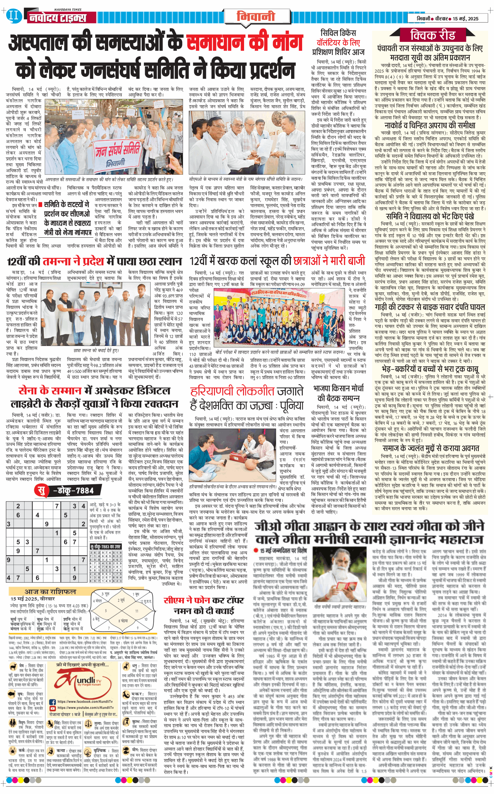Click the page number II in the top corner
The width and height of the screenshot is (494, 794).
(x=14, y=16)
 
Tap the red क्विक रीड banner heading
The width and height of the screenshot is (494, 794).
(x=432, y=35)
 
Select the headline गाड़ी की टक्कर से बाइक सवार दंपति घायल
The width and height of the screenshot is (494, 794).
(x=430, y=307)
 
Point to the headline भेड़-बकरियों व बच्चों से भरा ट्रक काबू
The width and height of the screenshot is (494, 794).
(x=430, y=369)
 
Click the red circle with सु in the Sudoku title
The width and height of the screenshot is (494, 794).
(x=41, y=490)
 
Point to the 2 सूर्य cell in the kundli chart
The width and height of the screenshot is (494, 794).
(x=121, y=600)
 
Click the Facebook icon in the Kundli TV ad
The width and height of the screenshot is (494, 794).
(x=53, y=702)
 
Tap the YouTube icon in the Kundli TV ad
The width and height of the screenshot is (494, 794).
(x=53, y=708)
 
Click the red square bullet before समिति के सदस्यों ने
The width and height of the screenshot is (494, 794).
(x=40, y=205)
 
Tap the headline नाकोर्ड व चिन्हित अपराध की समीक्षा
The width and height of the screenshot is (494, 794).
(x=430, y=125)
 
